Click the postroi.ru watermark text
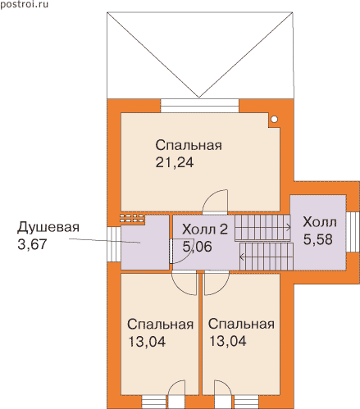(x=24, y=4)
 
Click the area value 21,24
(x=175, y=162)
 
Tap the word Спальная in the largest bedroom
(x=189, y=145)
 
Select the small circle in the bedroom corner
(x=275, y=119)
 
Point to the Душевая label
(x=48, y=228)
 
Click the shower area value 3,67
(x=32, y=244)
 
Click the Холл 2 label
(x=205, y=229)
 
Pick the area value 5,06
(x=197, y=247)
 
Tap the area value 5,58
(x=318, y=239)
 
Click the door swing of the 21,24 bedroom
(x=215, y=201)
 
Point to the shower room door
(x=171, y=251)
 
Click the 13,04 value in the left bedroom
(x=147, y=342)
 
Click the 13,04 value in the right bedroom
(x=228, y=341)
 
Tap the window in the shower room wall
(x=114, y=244)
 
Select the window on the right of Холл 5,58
(x=353, y=232)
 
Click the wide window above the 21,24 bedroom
(x=200, y=106)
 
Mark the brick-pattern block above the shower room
(x=132, y=218)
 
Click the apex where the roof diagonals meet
(x=199, y=98)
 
